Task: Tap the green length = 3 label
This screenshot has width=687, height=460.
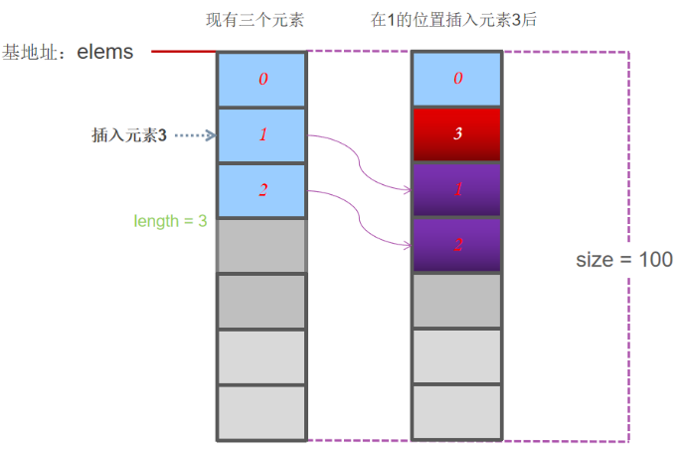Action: coord(170,220)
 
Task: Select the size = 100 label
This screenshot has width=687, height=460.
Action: coord(623,260)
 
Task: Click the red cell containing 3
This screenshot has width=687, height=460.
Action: coord(456,133)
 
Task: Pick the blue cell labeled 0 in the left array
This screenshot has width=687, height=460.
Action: coord(262,79)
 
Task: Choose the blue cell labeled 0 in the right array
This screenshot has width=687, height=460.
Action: coord(456,79)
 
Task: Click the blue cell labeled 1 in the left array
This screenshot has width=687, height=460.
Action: coord(262,134)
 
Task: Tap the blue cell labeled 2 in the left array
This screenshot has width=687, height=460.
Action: coord(262,189)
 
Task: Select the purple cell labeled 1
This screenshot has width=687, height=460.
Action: coord(456,189)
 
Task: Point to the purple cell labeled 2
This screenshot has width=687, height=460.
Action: coord(456,244)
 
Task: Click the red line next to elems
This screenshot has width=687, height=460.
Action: coord(183,51)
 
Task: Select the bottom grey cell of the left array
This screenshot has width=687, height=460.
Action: coord(262,411)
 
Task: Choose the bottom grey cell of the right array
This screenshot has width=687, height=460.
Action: coord(456,411)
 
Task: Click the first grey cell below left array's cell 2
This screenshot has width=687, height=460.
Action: coord(262,245)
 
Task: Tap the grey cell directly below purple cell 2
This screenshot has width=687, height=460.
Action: coord(456,300)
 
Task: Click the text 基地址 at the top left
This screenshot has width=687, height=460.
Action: coord(31,53)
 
